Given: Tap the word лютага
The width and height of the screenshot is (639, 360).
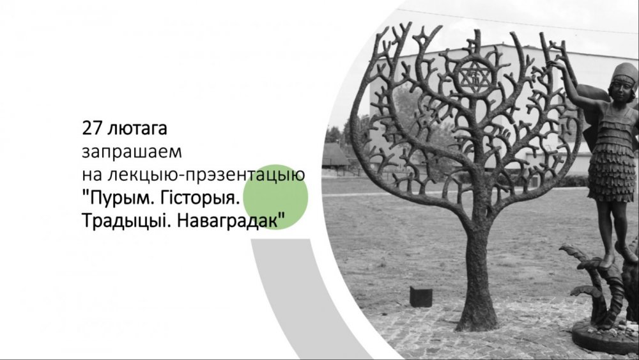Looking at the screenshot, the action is tap(137, 129).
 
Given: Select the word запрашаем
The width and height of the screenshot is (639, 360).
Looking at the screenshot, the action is tap(132, 152).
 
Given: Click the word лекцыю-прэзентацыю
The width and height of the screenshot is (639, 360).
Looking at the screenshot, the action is tap(206, 175).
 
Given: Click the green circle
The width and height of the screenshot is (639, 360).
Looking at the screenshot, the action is tap(275, 197).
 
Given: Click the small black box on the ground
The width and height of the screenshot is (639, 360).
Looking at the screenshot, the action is tap(421, 297).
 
